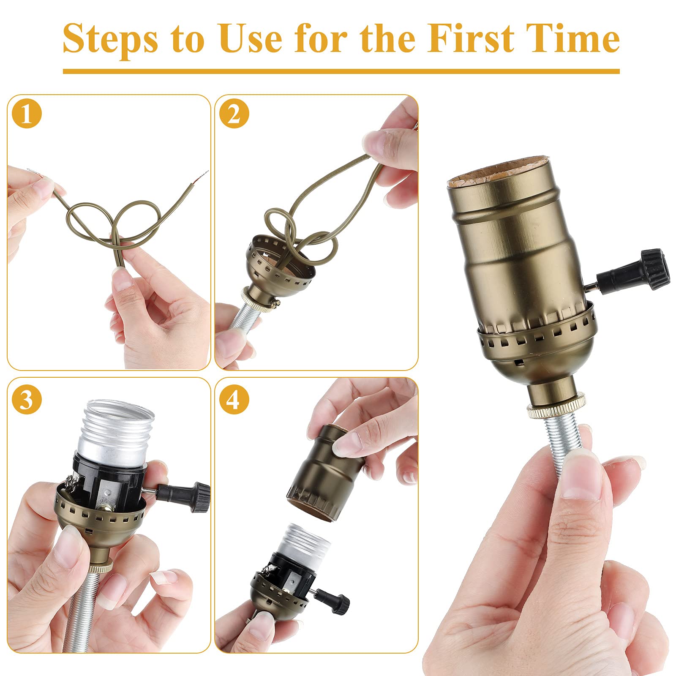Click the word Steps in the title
click(x=111, y=39)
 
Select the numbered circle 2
click(x=234, y=114)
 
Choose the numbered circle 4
click(x=234, y=399)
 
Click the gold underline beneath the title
click(x=341, y=71)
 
